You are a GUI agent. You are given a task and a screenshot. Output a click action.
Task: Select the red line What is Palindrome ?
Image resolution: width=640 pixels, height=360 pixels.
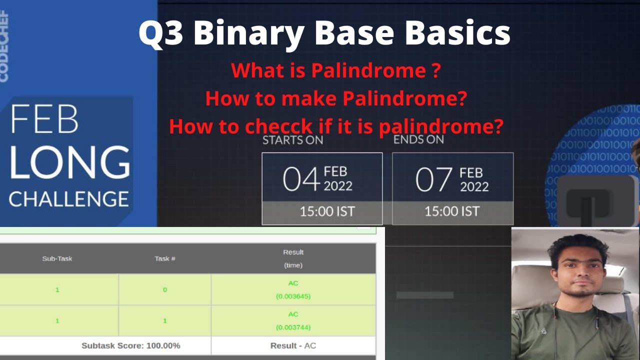pos(335,70)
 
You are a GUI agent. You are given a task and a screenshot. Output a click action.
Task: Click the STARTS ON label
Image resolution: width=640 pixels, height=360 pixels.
pos(292,140)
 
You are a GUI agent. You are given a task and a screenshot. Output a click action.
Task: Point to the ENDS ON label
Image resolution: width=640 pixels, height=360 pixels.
pos(418,139)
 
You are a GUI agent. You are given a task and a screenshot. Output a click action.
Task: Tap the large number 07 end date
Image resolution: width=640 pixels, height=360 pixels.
pos(434,180)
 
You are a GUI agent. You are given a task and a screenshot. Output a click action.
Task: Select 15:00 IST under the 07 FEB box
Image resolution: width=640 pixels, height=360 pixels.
pos(452,211)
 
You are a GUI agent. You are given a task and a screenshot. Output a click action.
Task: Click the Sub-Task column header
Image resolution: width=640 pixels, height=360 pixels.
pos(57,258)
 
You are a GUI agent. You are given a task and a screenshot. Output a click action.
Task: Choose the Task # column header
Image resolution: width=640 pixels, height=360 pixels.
pos(165,258)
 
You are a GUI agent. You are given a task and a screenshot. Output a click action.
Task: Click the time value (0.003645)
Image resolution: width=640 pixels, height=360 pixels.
pos(293,296)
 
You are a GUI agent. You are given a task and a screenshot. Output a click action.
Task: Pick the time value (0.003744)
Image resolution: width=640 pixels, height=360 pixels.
pos(293,327)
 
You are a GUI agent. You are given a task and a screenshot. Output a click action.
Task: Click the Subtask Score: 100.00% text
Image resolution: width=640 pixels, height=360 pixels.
pos(130,345)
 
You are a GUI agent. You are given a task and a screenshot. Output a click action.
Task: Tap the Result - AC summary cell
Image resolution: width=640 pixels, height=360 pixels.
pos(293,345)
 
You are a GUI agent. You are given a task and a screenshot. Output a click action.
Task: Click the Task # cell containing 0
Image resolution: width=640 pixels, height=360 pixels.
pos(165,289)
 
